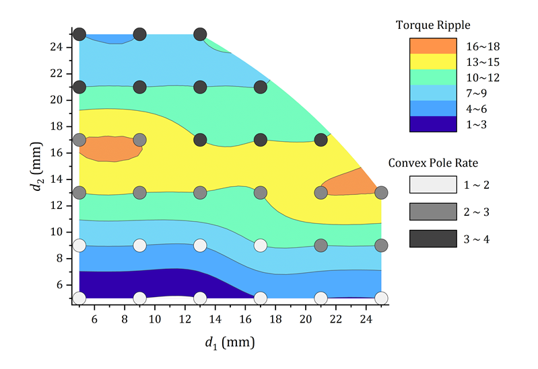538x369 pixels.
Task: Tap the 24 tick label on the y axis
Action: [x=58, y=47]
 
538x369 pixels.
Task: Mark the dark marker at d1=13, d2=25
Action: [x=200, y=34]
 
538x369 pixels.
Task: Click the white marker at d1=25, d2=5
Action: [x=381, y=298]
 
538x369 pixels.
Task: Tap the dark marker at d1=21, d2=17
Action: [x=321, y=140]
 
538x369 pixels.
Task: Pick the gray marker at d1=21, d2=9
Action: [x=321, y=245]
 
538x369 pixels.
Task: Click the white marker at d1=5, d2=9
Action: [x=79, y=245]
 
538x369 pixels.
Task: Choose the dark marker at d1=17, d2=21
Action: [x=261, y=87]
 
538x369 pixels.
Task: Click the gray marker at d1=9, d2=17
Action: [x=140, y=140]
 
